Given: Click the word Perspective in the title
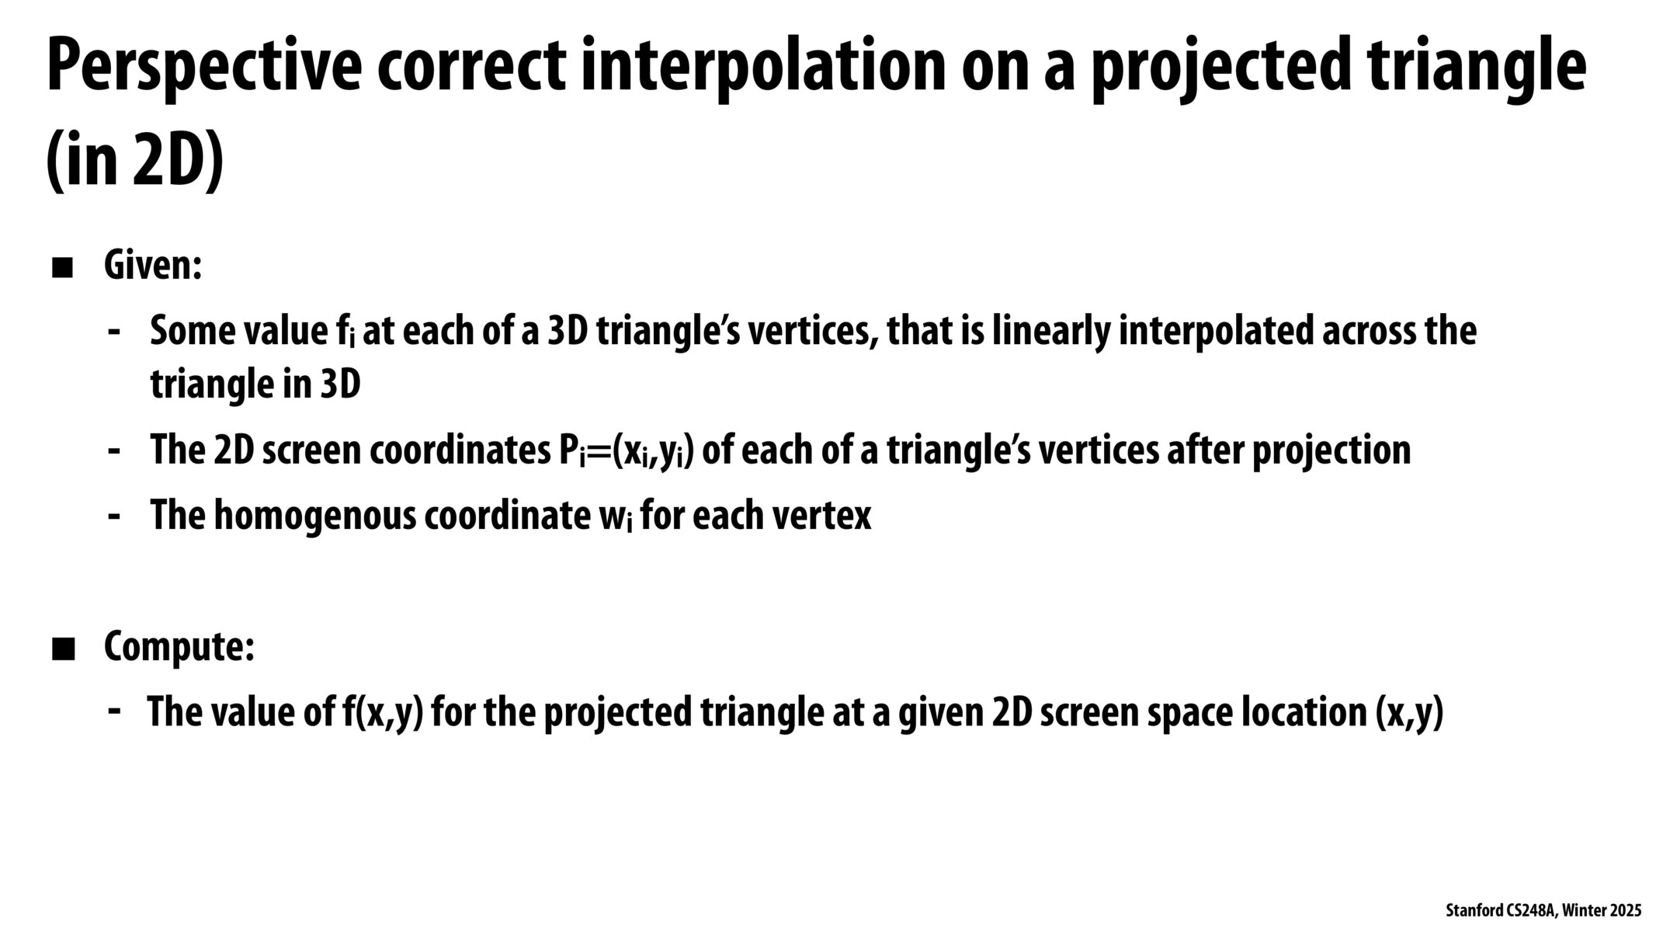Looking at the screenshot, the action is (203, 68).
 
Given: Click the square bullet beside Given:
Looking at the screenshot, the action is (62, 268).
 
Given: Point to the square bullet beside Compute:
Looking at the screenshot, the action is (62, 649).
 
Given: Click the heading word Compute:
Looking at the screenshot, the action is (179, 647).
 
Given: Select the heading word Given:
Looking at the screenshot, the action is (153, 266).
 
